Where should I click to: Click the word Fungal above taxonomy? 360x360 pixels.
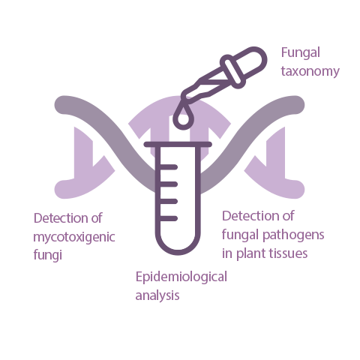[301, 53]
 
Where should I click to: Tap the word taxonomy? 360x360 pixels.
[310, 71]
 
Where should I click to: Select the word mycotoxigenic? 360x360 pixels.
[74, 237]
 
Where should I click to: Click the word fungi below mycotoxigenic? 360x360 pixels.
[47, 255]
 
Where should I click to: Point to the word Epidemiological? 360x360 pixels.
[181, 277]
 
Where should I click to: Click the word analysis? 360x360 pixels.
[157, 295]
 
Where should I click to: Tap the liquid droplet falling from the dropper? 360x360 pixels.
[183, 118]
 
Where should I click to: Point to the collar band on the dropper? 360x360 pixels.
[233, 72]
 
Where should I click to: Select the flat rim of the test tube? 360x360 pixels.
[178, 144]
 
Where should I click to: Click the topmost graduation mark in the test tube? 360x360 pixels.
[168, 166]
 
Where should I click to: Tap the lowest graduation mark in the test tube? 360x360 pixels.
[168, 218]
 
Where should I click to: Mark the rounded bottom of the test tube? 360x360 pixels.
[178, 250]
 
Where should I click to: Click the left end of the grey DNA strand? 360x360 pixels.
[60, 104]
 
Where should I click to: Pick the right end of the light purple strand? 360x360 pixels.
[298, 189]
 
